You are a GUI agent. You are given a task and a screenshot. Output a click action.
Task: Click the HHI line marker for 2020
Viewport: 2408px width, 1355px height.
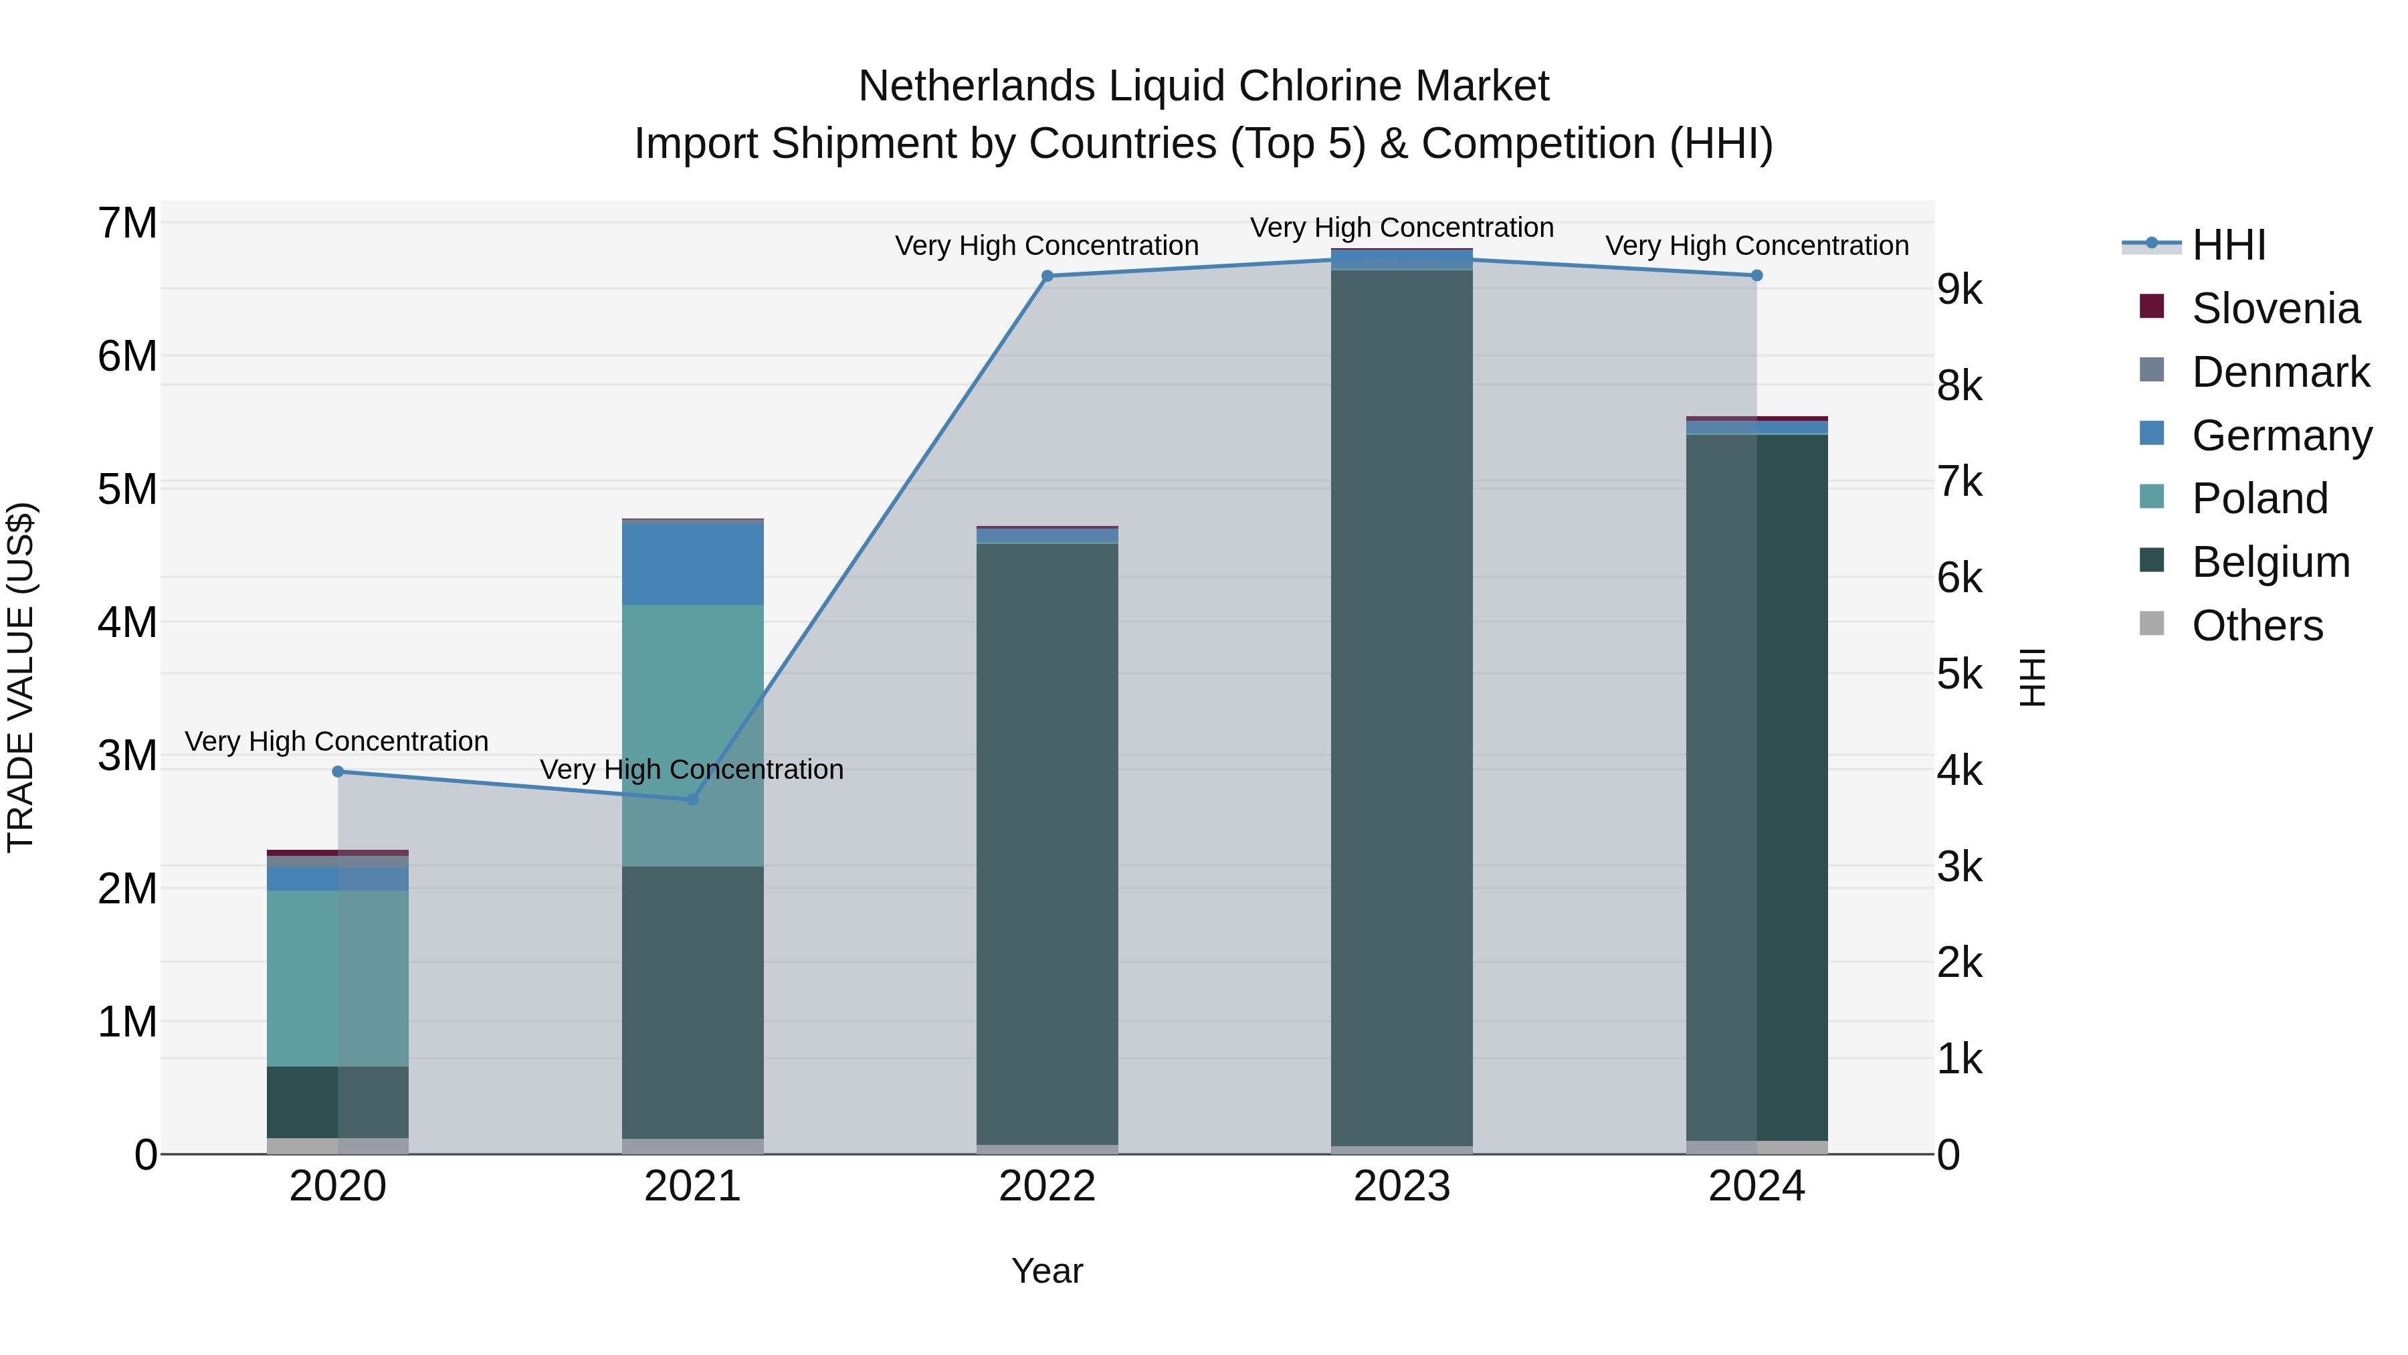click(x=338, y=772)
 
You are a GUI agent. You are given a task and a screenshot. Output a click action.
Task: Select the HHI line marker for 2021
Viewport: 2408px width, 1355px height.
click(x=693, y=800)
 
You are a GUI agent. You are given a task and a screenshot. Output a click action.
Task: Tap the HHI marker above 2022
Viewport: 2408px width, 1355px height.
click(x=1047, y=276)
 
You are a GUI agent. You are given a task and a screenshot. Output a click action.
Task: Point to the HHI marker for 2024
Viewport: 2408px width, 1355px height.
click(x=1757, y=276)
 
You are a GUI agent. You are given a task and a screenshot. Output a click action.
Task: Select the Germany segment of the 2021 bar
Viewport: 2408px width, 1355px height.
click(x=693, y=564)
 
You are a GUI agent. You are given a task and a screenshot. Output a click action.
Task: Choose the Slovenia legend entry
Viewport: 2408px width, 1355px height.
click(x=2274, y=308)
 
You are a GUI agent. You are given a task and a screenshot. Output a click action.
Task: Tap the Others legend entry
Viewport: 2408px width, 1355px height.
click(x=2257, y=626)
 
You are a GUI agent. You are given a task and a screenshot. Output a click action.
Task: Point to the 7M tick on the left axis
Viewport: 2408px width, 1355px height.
click(x=127, y=223)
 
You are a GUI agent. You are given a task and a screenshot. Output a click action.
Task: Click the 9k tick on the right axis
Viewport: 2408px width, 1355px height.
click(x=1959, y=290)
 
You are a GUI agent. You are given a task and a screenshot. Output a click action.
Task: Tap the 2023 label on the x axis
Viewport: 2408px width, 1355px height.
click(x=1401, y=1186)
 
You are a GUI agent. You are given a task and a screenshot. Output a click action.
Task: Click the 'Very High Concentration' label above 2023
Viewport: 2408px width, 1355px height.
click(x=1401, y=228)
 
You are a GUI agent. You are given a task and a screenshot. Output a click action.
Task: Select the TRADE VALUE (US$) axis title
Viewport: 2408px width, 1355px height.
click(x=21, y=677)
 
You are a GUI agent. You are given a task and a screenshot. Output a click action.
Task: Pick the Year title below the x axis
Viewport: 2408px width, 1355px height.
click(x=1047, y=1271)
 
